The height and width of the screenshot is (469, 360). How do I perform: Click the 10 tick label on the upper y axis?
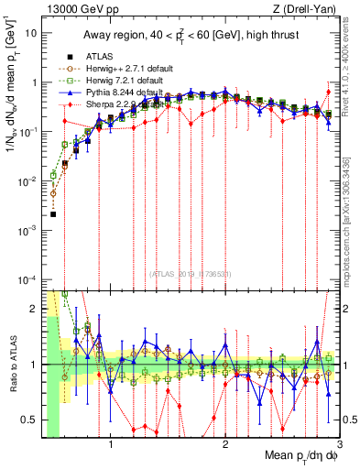(x=30, y=33)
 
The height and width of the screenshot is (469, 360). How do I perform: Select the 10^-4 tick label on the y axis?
(x=27, y=278)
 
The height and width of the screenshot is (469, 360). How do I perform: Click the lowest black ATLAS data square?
(x=53, y=214)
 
